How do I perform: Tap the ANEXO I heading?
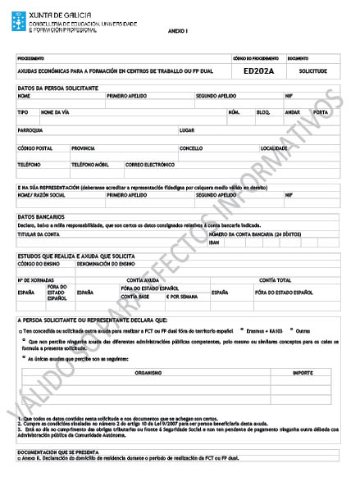[178, 30]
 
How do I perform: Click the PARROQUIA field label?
[30, 130]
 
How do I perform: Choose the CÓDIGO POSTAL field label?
[34, 148]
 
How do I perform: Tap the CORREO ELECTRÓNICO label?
[150, 164]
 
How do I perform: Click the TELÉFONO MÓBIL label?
[90, 164]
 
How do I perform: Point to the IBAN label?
[214, 242]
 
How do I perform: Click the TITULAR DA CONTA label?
[39, 234]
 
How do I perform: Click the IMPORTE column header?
[302, 371]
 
